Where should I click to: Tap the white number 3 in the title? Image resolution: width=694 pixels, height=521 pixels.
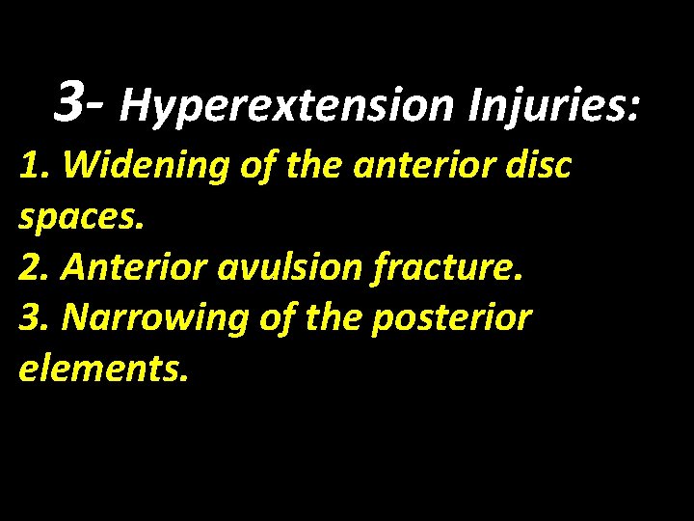(x=69, y=101)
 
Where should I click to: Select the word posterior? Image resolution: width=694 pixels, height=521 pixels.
(x=454, y=318)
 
